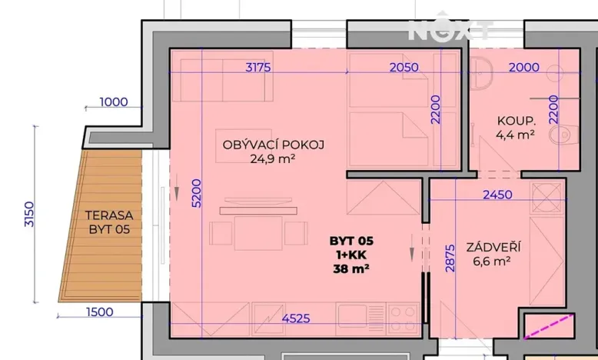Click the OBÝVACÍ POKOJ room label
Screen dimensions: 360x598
pos(274,145)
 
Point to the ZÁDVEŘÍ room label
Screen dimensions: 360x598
pos(493,248)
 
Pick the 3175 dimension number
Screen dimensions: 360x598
pos(258,67)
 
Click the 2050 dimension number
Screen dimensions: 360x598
pos(404,67)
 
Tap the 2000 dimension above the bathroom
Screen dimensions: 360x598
pos(523,67)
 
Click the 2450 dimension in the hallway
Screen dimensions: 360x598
pos(497,195)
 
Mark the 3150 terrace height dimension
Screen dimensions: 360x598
pos(29,213)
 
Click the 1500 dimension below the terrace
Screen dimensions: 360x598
pos(100,312)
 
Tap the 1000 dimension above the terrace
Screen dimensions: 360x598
pos(113,102)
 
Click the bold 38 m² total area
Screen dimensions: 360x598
pos(350,269)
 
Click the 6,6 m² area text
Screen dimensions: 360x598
pos(493,262)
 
